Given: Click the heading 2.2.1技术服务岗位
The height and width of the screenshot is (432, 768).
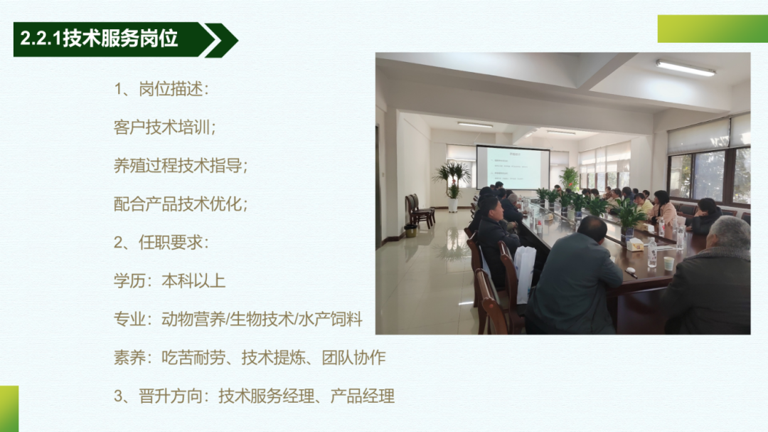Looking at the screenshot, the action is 99,38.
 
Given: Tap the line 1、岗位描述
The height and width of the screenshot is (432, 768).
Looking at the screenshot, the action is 161,89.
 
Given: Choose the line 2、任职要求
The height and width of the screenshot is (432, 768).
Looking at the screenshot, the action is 161,242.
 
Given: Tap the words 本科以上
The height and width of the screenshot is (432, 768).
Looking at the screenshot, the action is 193,281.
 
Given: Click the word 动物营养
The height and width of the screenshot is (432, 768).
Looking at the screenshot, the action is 193,320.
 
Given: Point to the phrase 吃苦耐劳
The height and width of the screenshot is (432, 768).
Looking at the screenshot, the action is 193,357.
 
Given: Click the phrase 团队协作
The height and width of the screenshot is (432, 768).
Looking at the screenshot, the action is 353,357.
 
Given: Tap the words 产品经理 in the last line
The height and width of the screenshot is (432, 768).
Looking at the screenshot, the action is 363,396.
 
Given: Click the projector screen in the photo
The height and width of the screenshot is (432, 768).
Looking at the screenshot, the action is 513,167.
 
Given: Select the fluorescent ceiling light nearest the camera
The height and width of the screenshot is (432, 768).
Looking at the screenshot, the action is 686,68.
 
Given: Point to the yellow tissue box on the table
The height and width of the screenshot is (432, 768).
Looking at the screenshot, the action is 635,244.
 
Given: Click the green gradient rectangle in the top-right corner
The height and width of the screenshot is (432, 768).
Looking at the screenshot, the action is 713,29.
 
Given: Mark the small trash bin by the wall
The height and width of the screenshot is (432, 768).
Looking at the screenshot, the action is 410,231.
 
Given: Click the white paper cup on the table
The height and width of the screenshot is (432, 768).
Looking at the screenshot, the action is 668,263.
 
